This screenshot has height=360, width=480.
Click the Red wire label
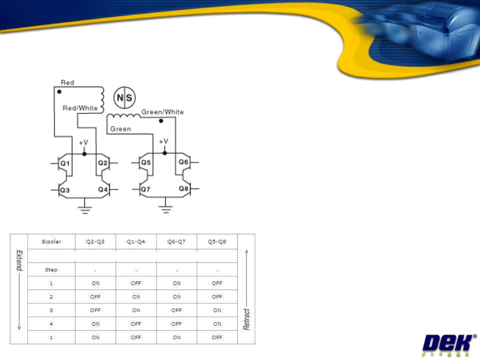click(67, 82)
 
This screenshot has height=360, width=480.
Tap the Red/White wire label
click(80, 108)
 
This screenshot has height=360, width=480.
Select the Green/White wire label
click(162, 112)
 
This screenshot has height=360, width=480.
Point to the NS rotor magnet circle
click(124, 98)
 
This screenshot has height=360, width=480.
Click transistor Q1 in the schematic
click(64, 163)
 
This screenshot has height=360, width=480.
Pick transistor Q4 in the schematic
click(103, 190)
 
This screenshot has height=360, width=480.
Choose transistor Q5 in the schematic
click(145, 162)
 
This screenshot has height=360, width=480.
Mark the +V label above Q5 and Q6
click(163, 141)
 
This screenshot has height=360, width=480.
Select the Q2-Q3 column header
click(95, 242)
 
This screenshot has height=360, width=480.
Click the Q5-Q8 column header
click(217, 242)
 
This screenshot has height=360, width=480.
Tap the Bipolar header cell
click(51, 242)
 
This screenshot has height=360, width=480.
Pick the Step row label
click(51, 270)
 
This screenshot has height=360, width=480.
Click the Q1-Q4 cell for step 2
click(136, 297)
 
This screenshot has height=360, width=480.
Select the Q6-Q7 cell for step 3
click(176, 310)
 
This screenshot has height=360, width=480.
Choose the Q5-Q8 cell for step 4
click(217, 324)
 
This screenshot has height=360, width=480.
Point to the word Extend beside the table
click(19, 260)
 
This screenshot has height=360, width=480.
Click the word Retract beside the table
click(246, 319)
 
